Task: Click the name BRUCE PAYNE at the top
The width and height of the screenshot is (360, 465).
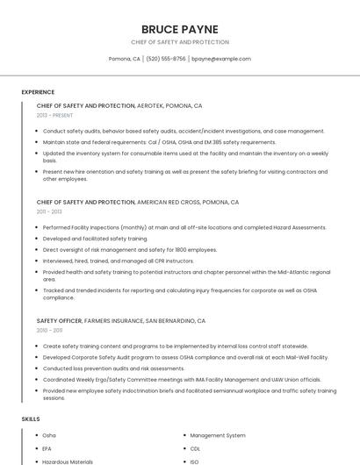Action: coord(180,29)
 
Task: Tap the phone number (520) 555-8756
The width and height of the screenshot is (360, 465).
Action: coord(166,59)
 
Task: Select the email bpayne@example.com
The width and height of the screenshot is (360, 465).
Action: coord(221,59)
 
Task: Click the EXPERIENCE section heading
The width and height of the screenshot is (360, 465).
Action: coord(38,92)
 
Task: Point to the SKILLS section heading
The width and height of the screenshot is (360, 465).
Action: coord(31,419)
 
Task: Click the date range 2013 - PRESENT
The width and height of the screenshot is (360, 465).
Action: coord(55,115)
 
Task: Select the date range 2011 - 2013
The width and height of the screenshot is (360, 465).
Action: coord(49,211)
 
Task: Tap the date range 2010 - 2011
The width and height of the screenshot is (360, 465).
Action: coord(49,330)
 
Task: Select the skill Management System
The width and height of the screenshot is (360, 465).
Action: coord(218,435)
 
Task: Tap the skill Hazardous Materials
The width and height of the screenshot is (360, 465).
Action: coord(68,461)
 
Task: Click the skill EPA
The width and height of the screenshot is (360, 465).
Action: coord(47,448)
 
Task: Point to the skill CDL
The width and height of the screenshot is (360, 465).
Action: coord(195,448)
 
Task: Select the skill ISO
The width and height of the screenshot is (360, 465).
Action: coord(194,461)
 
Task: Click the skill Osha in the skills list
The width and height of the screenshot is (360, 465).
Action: coord(49,435)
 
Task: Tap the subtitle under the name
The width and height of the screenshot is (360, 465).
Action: coord(180,42)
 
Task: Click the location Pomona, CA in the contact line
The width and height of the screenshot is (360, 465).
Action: coord(125,59)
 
